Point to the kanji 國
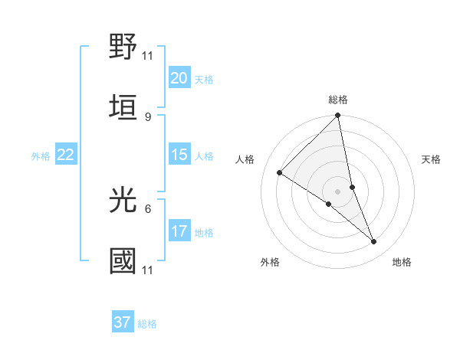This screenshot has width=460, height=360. pyautogui.click(x=123, y=260)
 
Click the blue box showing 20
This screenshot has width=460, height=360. pyautogui.click(x=179, y=78)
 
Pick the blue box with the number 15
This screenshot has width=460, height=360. pyautogui.click(x=179, y=155)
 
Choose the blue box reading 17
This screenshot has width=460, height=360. pyautogui.click(x=179, y=231)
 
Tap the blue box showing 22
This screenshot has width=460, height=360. pyautogui.click(x=66, y=155)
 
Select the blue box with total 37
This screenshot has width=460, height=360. pyautogui.click(x=123, y=322)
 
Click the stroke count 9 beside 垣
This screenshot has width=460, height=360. pyautogui.click(x=147, y=116)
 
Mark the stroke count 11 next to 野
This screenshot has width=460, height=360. pyautogui.click(x=147, y=55)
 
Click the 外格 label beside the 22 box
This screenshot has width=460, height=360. pyautogui.click(x=41, y=156)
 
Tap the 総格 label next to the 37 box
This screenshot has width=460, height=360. pyautogui.click(x=147, y=324)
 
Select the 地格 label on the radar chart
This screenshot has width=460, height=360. pyautogui.click(x=402, y=262)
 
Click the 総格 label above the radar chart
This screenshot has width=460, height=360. pyautogui.click(x=338, y=100)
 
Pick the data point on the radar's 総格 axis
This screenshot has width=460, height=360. pyautogui.click(x=338, y=116)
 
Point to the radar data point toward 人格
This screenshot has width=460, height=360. pyautogui.click(x=280, y=173)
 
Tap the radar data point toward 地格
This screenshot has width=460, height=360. pyautogui.click(x=374, y=242)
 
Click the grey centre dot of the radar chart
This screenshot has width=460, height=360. pyautogui.click(x=338, y=191)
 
